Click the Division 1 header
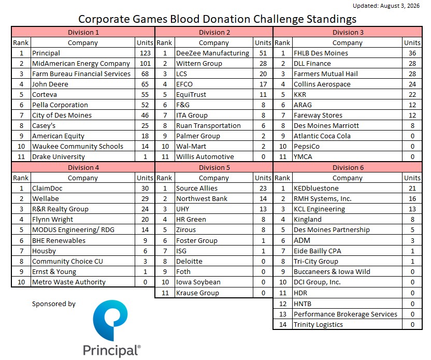tap(83, 33)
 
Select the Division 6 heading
tap(348, 168)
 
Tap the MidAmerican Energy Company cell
tap(81, 64)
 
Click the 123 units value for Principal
tap(145, 53)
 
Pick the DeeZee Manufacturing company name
tap(212, 53)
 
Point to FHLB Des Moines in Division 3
tap(321, 53)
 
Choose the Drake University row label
tap(58, 156)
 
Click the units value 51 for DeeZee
tap(263, 53)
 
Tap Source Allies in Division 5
tap(197, 188)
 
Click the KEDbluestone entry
tap(316, 188)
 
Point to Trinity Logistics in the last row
tap(318, 325)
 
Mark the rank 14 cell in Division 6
tap(283, 325)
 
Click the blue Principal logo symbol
tap(110, 320)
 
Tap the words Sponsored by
tap(53, 304)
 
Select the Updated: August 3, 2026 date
tap(386, 6)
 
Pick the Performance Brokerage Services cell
tap(346, 314)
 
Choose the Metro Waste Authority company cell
tap(69, 282)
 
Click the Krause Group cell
tap(198, 293)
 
